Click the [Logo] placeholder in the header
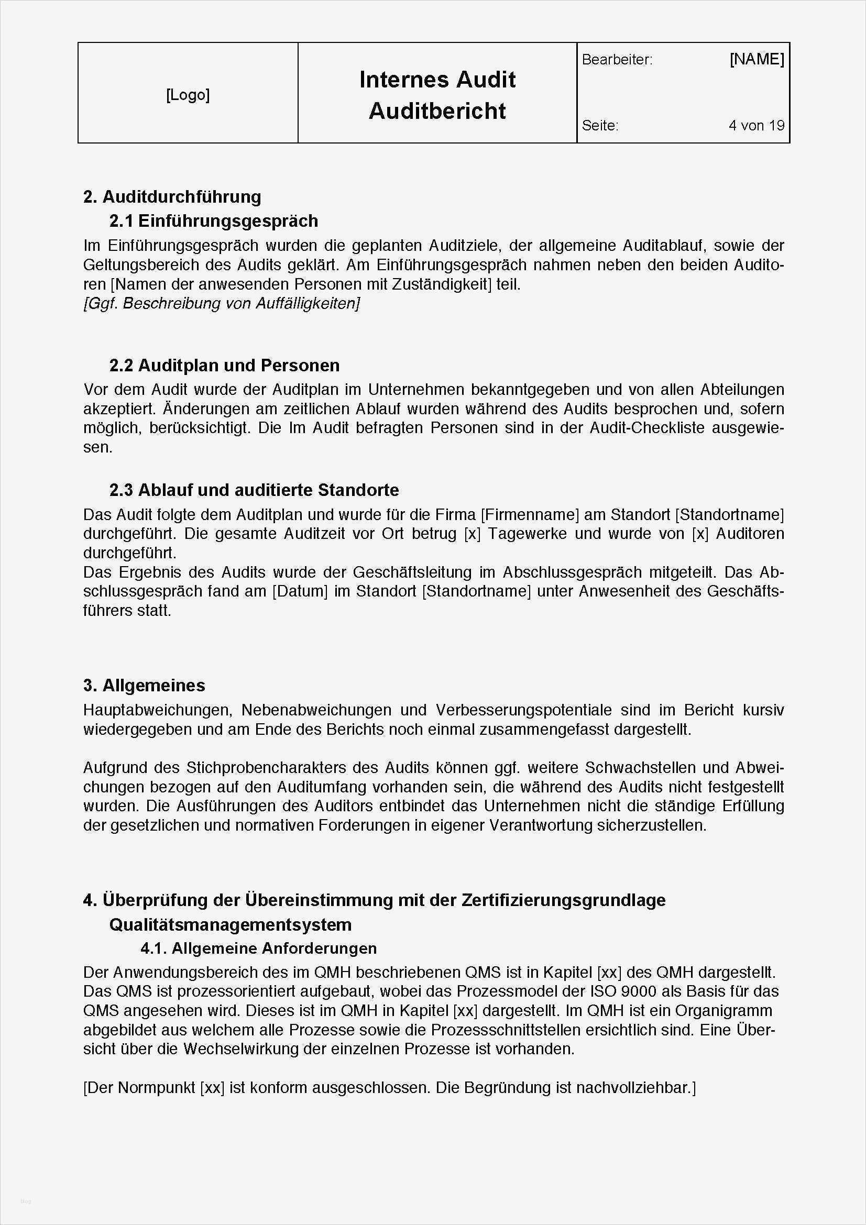click(x=188, y=95)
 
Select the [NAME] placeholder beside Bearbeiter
click(x=757, y=59)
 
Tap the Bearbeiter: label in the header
click(x=617, y=60)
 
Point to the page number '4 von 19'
click(x=756, y=125)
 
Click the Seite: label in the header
click(x=600, y=125)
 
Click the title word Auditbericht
click(x=437, y=111)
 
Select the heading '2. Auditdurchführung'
click(x=172, y=197)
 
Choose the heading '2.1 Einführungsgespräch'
click(x=213, y=221)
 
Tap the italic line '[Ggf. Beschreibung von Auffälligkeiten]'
click(x=222, y=304)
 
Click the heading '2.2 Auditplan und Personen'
click(x=224, y=366)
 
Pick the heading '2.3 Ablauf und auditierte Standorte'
click(x=254, y=490)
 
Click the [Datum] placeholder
click(x=300, y=592)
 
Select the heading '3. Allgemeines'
click(x=144, y=686)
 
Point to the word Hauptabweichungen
click(x=157, y=710)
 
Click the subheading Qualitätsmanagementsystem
click(x=231, y=924)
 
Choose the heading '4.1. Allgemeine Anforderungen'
click(x=259, y=948)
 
